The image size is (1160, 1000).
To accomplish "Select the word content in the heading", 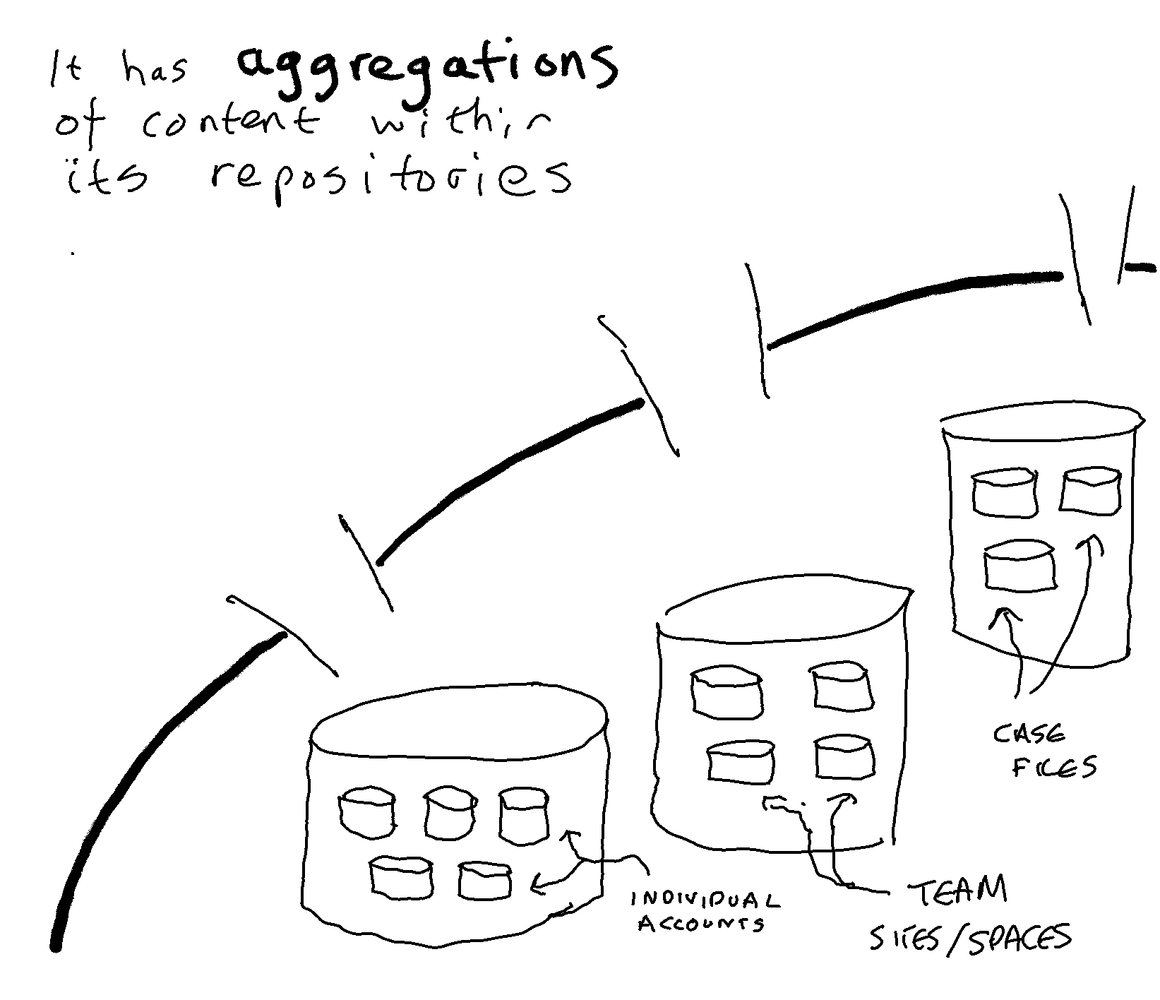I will [229, 126].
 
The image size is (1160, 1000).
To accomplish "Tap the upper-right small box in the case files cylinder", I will [1091, 490].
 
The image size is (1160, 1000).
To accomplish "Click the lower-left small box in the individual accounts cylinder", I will [402, 879].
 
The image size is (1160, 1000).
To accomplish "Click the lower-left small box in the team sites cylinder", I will [741, 762].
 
